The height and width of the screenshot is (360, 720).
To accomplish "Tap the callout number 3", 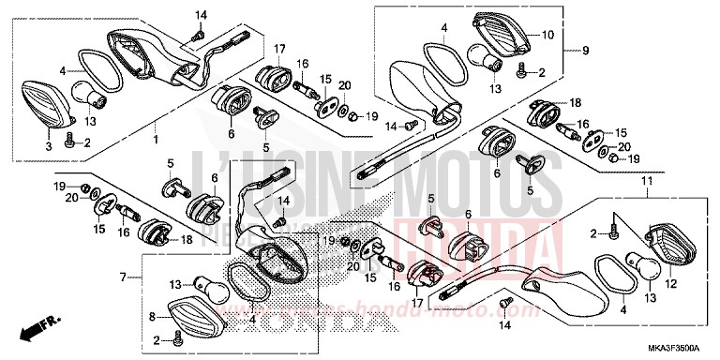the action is pos(50,146).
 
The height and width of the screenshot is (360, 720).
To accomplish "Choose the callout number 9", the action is pos(585,50).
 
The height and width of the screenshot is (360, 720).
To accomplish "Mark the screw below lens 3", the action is pos(69,142).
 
